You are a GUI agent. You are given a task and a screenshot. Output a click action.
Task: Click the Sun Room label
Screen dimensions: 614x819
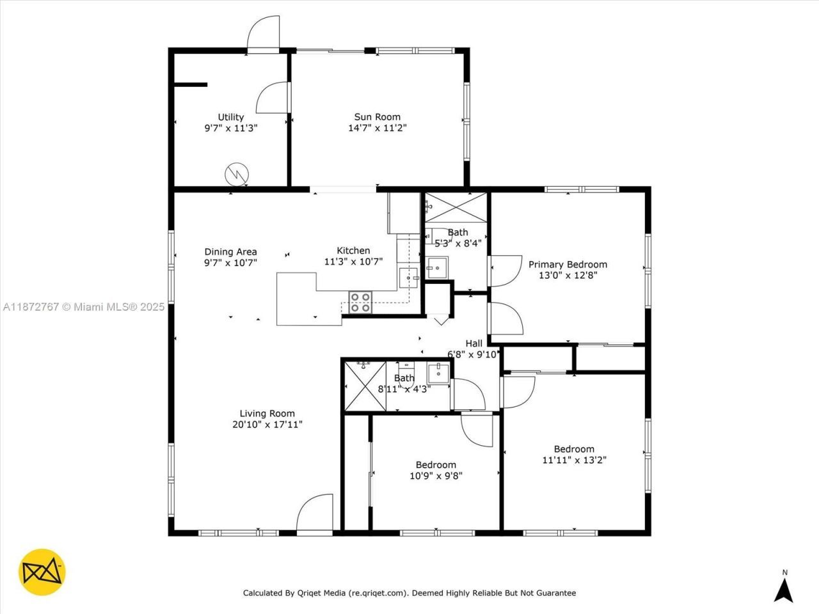378,116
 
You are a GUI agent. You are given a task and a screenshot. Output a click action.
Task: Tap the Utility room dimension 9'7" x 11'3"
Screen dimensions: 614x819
230,128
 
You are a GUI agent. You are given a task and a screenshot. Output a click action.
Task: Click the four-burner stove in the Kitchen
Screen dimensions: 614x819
360,302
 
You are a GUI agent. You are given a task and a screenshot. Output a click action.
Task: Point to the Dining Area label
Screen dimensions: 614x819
230,251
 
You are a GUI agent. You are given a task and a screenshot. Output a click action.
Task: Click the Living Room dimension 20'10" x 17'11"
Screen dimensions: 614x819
267,424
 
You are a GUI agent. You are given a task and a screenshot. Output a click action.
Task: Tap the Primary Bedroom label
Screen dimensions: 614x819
568,264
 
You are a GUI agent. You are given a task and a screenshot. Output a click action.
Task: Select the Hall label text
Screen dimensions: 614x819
473,343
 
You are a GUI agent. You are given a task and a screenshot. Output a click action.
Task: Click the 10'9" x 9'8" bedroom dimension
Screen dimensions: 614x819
436,476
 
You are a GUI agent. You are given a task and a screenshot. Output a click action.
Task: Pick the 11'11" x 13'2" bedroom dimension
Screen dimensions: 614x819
574,460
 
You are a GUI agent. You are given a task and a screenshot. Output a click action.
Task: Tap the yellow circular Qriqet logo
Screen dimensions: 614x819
42,571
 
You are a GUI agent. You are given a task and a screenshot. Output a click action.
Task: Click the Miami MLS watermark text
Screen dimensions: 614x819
83,307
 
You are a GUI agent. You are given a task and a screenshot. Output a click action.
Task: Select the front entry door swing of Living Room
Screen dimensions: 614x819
315,513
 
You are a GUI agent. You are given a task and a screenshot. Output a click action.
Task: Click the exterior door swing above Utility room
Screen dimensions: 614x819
264,33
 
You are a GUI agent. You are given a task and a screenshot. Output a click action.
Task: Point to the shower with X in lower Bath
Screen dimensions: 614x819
365,387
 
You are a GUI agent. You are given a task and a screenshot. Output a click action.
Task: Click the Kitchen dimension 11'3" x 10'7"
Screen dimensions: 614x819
353,262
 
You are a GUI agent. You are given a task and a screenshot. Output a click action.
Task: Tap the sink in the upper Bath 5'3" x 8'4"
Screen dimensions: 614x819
438,267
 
